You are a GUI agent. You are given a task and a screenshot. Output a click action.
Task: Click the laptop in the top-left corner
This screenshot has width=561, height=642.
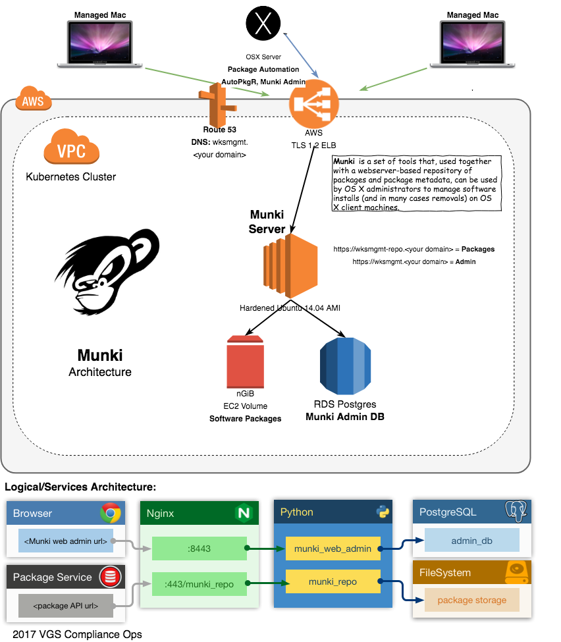[x=100, y=43]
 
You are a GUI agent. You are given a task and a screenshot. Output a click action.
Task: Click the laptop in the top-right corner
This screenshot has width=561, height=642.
[x=473, y=43]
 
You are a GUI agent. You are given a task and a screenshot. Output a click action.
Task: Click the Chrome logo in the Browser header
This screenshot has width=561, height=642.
[x=111, y=513]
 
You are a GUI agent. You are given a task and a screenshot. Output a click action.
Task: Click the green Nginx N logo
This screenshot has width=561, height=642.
[x=244, y=513]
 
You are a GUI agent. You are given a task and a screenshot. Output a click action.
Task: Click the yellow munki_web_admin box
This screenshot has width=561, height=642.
[x=333, y=548]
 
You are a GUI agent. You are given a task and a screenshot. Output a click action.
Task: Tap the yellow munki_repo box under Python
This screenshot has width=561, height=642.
[x=333, y=581]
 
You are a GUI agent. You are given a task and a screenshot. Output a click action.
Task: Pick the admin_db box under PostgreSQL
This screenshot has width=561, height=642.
[x=471, y=540]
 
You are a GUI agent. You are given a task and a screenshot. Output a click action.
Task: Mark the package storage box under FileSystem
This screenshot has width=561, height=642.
[x=471, y=600]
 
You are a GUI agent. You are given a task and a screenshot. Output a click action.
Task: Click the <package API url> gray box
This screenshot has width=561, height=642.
[x=65, y=605]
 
